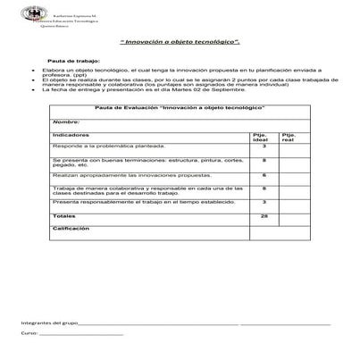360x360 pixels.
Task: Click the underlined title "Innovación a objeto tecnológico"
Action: (x=180, y=42)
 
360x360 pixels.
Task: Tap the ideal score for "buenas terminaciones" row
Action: (x=264, y=160)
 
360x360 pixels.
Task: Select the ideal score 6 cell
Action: (x=264, y=175)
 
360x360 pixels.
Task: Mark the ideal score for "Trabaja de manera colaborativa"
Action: (x=264, y=188)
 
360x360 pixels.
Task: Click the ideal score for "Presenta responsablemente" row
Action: (x=264, y=203)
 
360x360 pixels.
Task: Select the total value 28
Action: (x=264, y=216)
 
